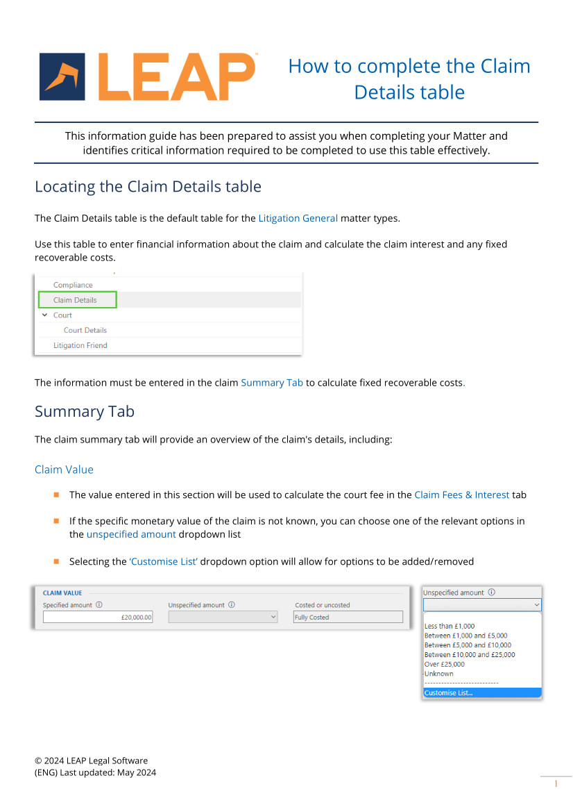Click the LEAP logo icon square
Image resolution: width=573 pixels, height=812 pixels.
pyautogui.click(x=62, y=76)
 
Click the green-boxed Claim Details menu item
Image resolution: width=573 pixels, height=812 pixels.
pyautogui.click(x=76, y=300)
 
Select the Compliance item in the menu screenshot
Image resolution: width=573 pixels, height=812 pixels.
pyautogui.click(x=73, y=285)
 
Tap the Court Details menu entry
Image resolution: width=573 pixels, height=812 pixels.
pyautogui.click(x=85, y=330)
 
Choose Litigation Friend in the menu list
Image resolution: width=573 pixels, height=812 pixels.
pyautogui.click(x=80, y=345)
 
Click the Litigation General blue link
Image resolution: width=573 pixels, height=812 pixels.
pyautogui.click(x=298, y=218)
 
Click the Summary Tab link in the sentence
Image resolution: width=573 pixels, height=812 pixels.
pyautogui.click(x=272, y=383)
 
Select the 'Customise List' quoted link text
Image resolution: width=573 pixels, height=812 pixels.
pyautogui.click(x=164, y=561)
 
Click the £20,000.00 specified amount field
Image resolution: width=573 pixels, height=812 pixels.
pyautogui.click(x=98, y=617)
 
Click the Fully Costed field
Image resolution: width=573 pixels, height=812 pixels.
pyautogui.click(x=348, y=617)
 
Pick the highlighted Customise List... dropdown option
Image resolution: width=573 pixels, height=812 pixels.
pyautogui.click(x=482, y=693)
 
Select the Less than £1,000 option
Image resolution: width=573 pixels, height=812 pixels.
pyautogui.click(x=450, y=626)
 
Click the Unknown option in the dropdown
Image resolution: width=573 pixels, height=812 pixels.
pyautogui.click(x=439, y=674)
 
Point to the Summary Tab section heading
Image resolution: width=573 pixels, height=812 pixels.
pyautogui.click(x=85, y=411)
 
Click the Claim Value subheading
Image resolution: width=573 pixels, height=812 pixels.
pyautogui.click(x=64, y=470)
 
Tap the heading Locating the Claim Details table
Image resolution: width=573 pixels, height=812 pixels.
pyautogui.click(x=148, y=187)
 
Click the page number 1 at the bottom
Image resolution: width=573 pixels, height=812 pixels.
pyautogui.click(x=556, y=784)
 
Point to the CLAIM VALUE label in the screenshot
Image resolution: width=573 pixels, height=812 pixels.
pyautogui.click(x=62, y=593)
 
